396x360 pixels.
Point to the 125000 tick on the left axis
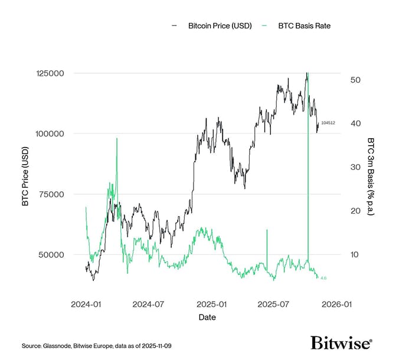[51, 73]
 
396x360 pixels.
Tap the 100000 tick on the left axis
[51, 134]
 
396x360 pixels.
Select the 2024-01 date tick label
[86, 305]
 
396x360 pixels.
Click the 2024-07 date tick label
[148, 305]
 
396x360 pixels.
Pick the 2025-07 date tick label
[272, 305]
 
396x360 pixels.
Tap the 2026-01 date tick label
[335, 305]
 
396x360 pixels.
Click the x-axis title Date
[207, 318]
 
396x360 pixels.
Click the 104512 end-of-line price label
[328, 123]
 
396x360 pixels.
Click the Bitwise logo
[341, 343]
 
